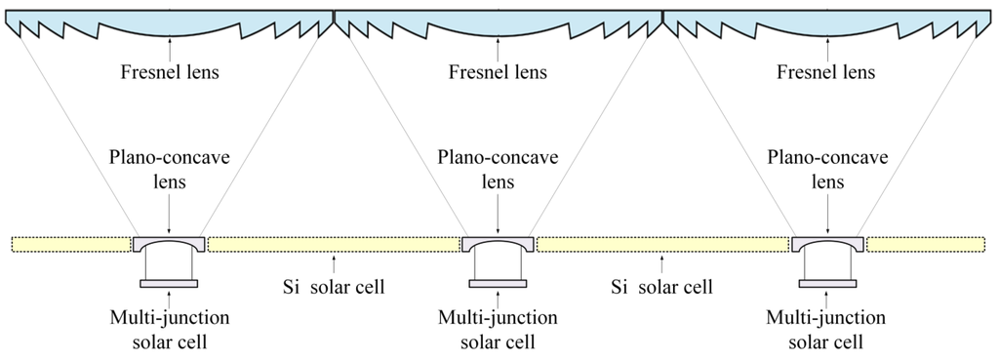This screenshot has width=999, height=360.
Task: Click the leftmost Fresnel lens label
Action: pyautogui.click(x=170, y=72)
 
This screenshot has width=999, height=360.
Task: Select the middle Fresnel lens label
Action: pyautogui.click(x=499, y=72)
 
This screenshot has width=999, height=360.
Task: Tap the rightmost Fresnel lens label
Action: pyautogui.click(x=826, y=72)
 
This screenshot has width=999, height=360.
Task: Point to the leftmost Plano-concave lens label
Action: pyautogui.click(x=170, y=168)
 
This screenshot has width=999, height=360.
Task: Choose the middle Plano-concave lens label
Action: pyautogui.click(x=499, y=168)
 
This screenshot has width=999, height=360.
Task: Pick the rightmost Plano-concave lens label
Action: pyautogui.click(x=826, y=168)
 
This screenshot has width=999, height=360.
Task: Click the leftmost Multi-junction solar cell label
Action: pyautogui.click(x=170, y=330)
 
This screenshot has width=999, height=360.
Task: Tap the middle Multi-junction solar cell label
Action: pyautogui.click(x=499, y=330)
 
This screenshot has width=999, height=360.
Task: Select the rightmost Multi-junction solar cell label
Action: pyautogui.click(x=826, y=330)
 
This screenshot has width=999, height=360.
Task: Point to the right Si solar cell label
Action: pyautogui.click(x=661, y=288)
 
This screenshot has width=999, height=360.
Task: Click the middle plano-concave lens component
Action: pyautogui.click(x=499, y=241)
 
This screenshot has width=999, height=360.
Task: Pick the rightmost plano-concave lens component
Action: pyautogui.click(x=826, y=241)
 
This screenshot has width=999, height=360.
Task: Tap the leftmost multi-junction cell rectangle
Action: pyautogui.click(x=170, y=284)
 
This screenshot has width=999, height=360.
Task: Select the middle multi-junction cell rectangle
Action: pyautogui.click(x=499, y=284)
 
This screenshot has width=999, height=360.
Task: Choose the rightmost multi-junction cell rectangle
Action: pyautogui.click(x=826, y=284)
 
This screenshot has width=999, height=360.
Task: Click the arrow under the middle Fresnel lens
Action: pyautogui.click(x=499, y=46)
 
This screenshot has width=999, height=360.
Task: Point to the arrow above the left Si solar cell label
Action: pyautogui.click(x=333, y=262)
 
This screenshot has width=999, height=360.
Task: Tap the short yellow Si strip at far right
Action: pyautogui.click(x=925, y=244)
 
